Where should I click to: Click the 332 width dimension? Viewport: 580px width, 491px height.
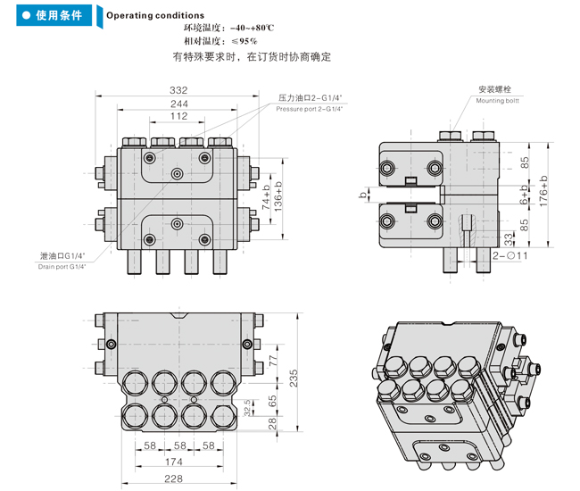[x=178, y=90]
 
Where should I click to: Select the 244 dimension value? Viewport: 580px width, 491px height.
[x=178, y=104]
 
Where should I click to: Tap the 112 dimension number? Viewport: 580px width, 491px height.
[x=178, y=117]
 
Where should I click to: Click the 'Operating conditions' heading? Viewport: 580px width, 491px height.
[x=155, y=15]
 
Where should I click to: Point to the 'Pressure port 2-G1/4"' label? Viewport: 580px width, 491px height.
[x=310, y=109]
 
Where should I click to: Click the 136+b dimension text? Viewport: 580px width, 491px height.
[x=278, y=195]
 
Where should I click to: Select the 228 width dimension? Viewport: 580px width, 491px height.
[x=175, y=479]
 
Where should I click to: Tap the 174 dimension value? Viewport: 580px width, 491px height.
[x=175, y=462]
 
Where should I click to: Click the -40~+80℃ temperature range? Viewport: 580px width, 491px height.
[x=258, y=29]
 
